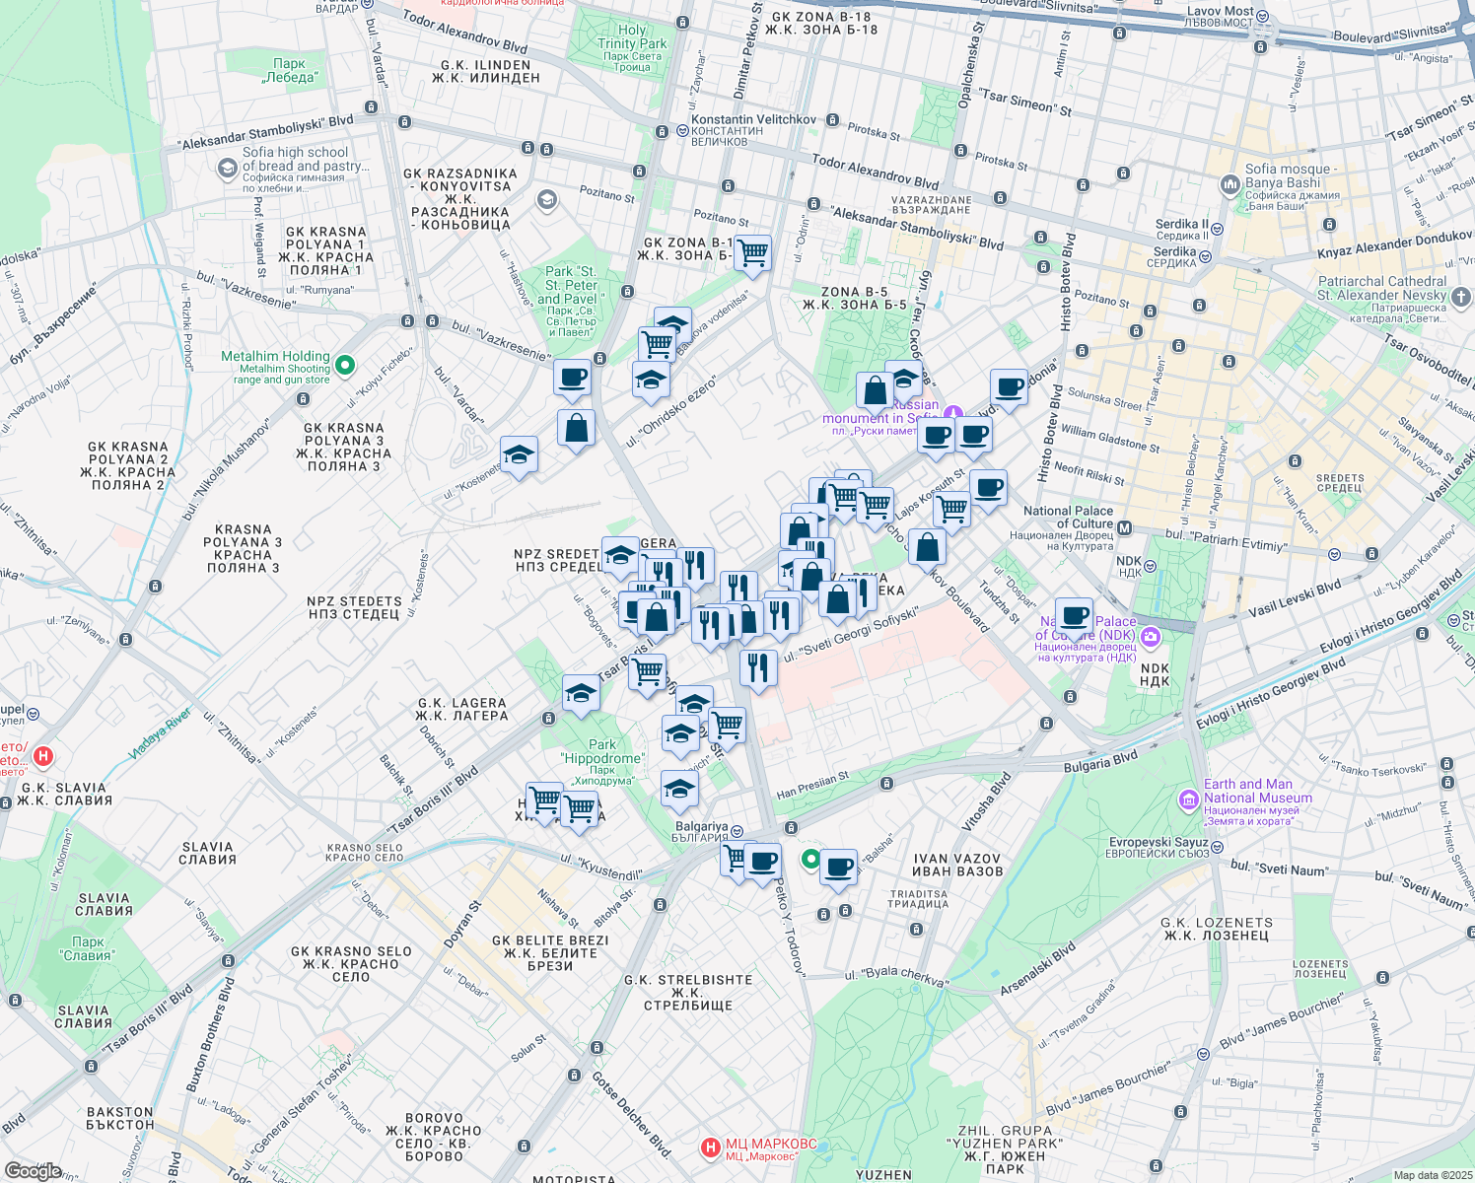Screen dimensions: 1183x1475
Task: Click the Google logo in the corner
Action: click(x=33, y=1171)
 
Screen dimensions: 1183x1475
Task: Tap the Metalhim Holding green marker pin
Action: click(x=345, y=366)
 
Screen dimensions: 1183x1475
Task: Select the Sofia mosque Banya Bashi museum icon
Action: click(x=1229, y=184)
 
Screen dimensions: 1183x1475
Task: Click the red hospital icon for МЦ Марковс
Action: click(x=710, y=1148)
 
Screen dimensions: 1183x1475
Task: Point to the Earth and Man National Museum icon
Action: click(x=1189, y=797)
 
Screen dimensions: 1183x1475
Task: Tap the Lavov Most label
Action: click(x=1220, y=17)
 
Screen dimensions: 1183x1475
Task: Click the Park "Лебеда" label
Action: click(x=290, y=70)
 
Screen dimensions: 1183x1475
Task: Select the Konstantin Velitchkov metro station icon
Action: click(x=681, y=130)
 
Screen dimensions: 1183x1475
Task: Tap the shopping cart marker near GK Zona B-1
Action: click(x=753, y=252)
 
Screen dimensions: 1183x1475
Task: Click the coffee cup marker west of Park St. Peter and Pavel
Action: click(x=572, y=378)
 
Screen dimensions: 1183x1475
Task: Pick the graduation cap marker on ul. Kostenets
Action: click(x=519, y=455)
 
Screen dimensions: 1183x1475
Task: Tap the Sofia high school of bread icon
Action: click(x=228, y=168)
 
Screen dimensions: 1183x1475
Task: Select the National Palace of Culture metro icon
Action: click(x=1125, y=528)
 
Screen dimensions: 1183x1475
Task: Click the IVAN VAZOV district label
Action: click(x=956, y=865)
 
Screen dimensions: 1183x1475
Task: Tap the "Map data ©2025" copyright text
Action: click(x=1433, y=1175)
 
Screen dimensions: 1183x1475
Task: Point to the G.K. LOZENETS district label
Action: click(x=1217, y=929)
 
